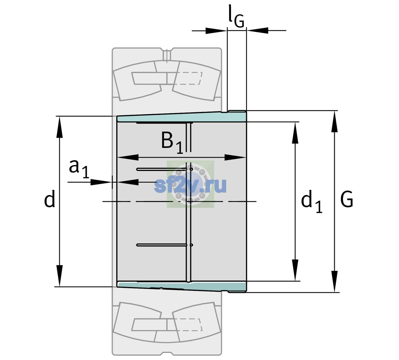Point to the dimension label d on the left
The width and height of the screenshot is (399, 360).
pyautogui.click(x=49, y=199)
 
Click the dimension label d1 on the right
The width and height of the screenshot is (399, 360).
pyautogui.click(x=312, y=201)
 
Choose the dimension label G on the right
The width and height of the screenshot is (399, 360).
pyautogui.click(x=347, y=199)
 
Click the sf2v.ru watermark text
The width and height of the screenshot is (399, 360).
pyautogui.click(x=190, y=185)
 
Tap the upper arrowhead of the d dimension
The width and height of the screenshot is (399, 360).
pyautogui.click(x=59, y=127)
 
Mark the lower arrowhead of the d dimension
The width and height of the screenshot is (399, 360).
pyautogui.click(x=59, y=276)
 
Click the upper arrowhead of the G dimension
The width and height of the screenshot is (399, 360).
pyautogui.click(x=334, y=121)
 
